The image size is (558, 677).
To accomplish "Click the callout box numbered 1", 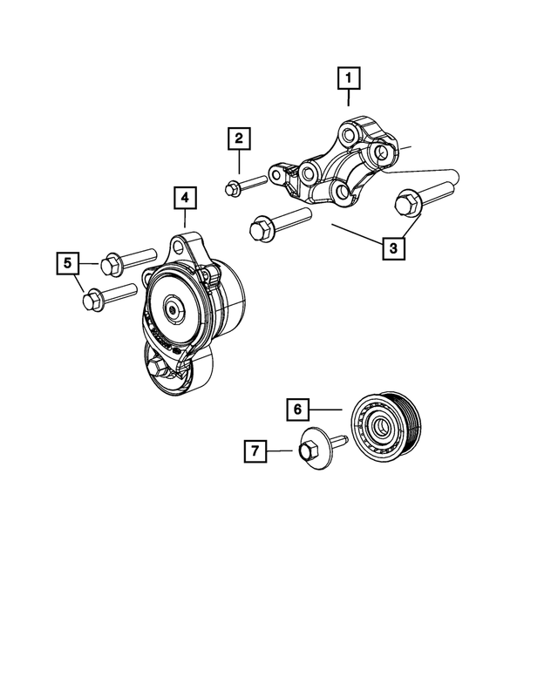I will click(349, 80).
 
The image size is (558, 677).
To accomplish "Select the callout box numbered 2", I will click(240, 138).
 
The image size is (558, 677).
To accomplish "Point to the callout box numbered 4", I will click(185, 199).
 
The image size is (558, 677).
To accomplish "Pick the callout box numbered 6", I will click(296, 408).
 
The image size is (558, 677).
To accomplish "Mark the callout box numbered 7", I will click(255, 450).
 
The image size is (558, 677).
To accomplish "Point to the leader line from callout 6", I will click(327, 408).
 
